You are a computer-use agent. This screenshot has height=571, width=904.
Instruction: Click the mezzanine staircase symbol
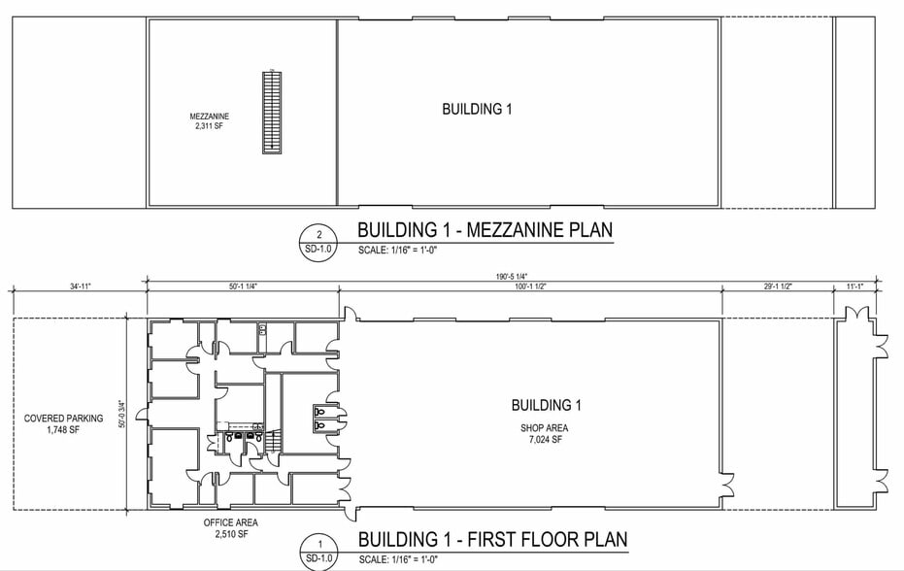point(272,112)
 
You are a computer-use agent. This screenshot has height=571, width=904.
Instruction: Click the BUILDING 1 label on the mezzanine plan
point(477,110)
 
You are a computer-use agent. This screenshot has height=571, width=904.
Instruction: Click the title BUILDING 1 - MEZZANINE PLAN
point(485,231)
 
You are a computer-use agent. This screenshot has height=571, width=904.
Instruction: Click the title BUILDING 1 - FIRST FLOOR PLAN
point(492,539)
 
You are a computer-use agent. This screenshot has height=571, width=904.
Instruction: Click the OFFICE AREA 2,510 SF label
point(231,527)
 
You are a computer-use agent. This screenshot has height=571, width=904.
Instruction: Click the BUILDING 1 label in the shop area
point(546,405)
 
